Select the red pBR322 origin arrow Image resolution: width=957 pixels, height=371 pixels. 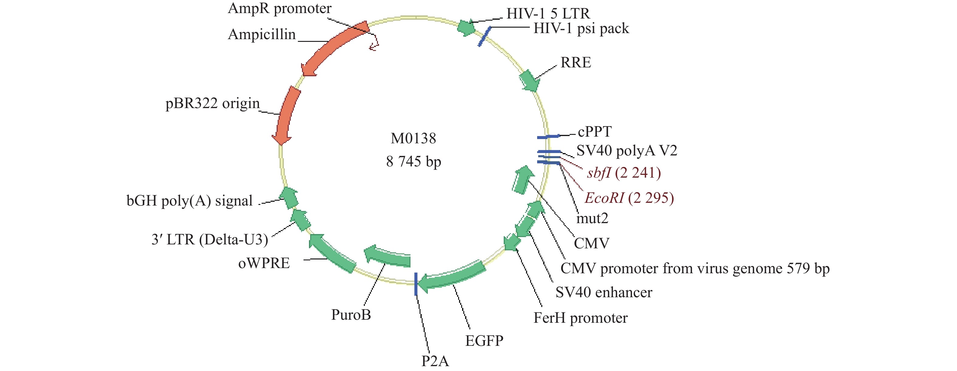[x=287, y=115]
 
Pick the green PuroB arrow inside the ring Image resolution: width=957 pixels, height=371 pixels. [x=388, y=257]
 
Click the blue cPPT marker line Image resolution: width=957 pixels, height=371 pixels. [x=548, y=137]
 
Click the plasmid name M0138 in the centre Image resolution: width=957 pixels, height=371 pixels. [x=413, y=138]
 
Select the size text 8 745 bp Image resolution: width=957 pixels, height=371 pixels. [x=413, y=162]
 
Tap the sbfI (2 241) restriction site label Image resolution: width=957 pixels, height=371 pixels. [x=624, y=173]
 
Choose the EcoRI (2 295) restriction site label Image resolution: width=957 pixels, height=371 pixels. [x=629, y=198]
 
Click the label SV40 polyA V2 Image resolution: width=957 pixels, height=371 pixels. [x=627, y=151]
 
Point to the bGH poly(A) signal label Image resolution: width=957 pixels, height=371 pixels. [x=190, y=201]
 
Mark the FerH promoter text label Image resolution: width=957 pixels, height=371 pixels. [x=580, y=318]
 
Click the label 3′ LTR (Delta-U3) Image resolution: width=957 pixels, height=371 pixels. [x=210, y=240]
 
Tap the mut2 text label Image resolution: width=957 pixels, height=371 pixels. [x=592, y=218]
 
